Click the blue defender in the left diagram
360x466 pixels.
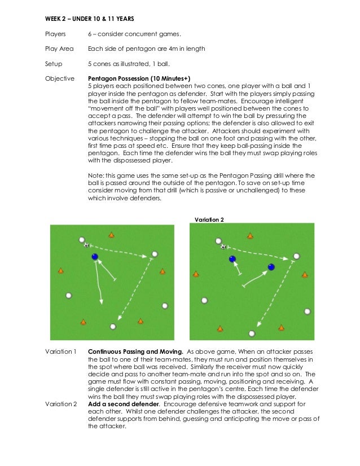(x=95, y=257)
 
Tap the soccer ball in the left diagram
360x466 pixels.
(x=86, y=245)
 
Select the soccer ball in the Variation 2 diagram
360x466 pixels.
(x=223, y=247)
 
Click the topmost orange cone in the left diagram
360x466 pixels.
(x=111, y=235)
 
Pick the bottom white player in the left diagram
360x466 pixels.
(x=113, y=326)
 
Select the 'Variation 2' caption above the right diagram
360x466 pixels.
(x=208, y=218)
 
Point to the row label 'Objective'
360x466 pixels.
(x=59, y=78)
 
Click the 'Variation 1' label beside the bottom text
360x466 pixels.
(x=60, y=351)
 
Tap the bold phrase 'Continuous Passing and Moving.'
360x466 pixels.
(x=135, y=351)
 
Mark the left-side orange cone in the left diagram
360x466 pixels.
(x=60, y=271)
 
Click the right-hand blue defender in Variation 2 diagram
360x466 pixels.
(x=271, y=267)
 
